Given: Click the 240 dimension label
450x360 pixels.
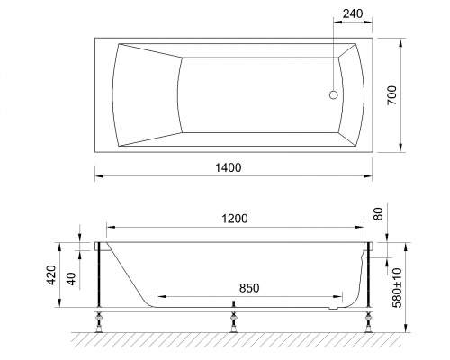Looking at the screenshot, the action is (x=353, y=13).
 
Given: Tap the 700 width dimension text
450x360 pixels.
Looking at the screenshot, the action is (x=391, y=95).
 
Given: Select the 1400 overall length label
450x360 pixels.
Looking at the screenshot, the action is (x=229, y=167).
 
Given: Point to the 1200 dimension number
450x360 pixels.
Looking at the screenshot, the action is (x=235, y=219).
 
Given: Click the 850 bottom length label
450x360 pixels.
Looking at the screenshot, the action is (x=249, y=288).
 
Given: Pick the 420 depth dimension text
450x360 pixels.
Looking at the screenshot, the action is (x=51, y=274).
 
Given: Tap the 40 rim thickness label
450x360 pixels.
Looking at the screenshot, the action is (x=71, y=279).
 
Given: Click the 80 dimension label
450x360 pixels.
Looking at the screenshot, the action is (x=379, y=214).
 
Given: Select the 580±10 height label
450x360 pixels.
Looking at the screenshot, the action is (x=397, y=288).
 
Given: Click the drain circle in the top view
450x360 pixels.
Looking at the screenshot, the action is (x=334, y=95).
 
